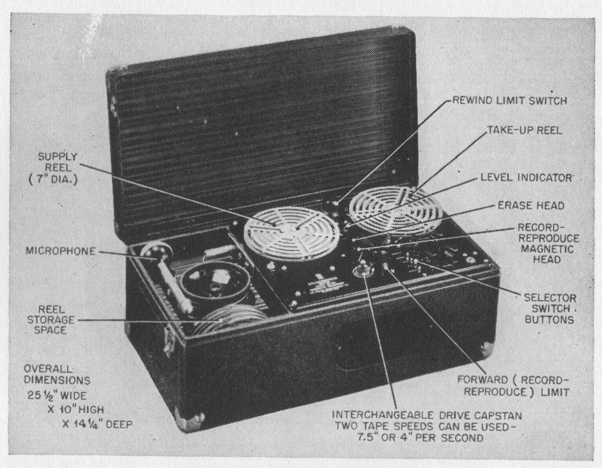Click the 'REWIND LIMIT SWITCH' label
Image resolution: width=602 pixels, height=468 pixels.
point(510,100)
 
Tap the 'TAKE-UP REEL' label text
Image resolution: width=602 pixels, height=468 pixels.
point(524,130)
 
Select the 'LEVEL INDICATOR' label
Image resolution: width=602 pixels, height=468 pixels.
point(527,177)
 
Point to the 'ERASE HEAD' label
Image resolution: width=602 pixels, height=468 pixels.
point(530,205)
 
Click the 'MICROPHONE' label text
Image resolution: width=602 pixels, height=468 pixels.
point(61,251)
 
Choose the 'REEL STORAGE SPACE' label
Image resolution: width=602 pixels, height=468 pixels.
point(50,319)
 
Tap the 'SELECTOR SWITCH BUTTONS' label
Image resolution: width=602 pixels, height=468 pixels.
point(550,308)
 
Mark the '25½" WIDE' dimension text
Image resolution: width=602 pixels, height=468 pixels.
point(57,395)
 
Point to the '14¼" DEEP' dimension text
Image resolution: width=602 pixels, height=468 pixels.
point(95,424)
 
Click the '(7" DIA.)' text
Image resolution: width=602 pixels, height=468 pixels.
point(54,180)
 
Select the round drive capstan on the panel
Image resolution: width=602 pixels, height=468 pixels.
point(363,270)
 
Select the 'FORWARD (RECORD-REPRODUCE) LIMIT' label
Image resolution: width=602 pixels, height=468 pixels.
point(512,386)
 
